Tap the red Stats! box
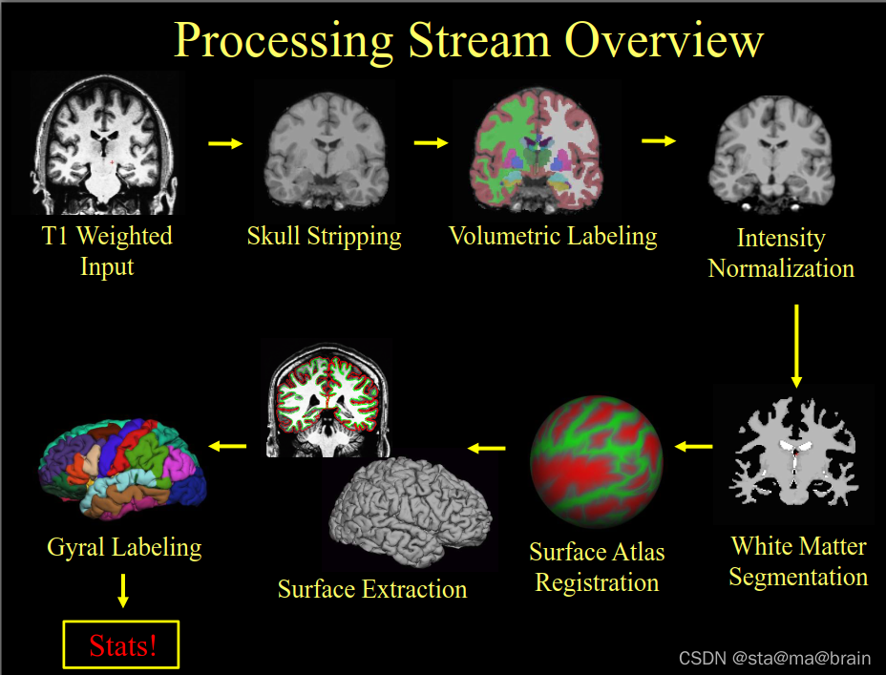[x=121, y=645]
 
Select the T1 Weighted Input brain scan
[x=108, y=146]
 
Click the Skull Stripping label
[x=324, y=236]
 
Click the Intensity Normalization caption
[x=781, y=253]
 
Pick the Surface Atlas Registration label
[x=597, y=567]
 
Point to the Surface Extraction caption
[x=372, y=588]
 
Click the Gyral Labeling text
[x=124, y=547]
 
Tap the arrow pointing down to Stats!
[x=122, y=588]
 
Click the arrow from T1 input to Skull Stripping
[x=225, y=144]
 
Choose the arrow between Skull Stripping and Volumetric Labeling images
[x=431, y=143]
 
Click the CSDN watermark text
[x=774, y=658]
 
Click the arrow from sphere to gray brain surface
[x=487, y=447]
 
